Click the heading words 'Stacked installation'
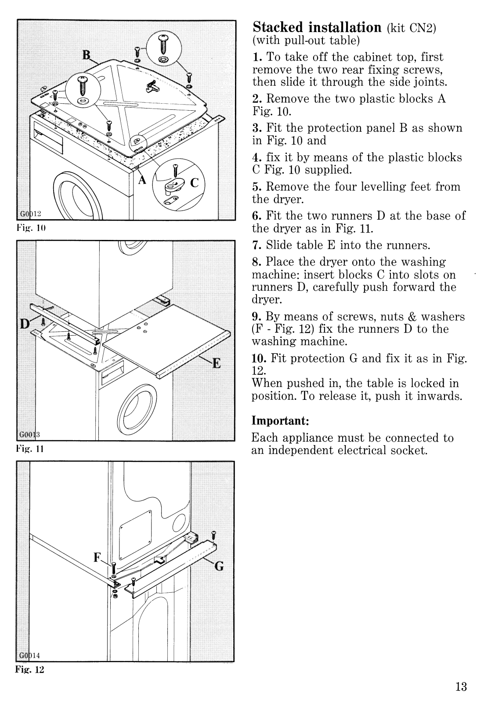coord(317,27)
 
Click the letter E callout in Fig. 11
coord(217,363)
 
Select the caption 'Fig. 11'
coord(31,449)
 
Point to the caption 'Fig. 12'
coord(31,670)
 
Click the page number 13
coord(460,687)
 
